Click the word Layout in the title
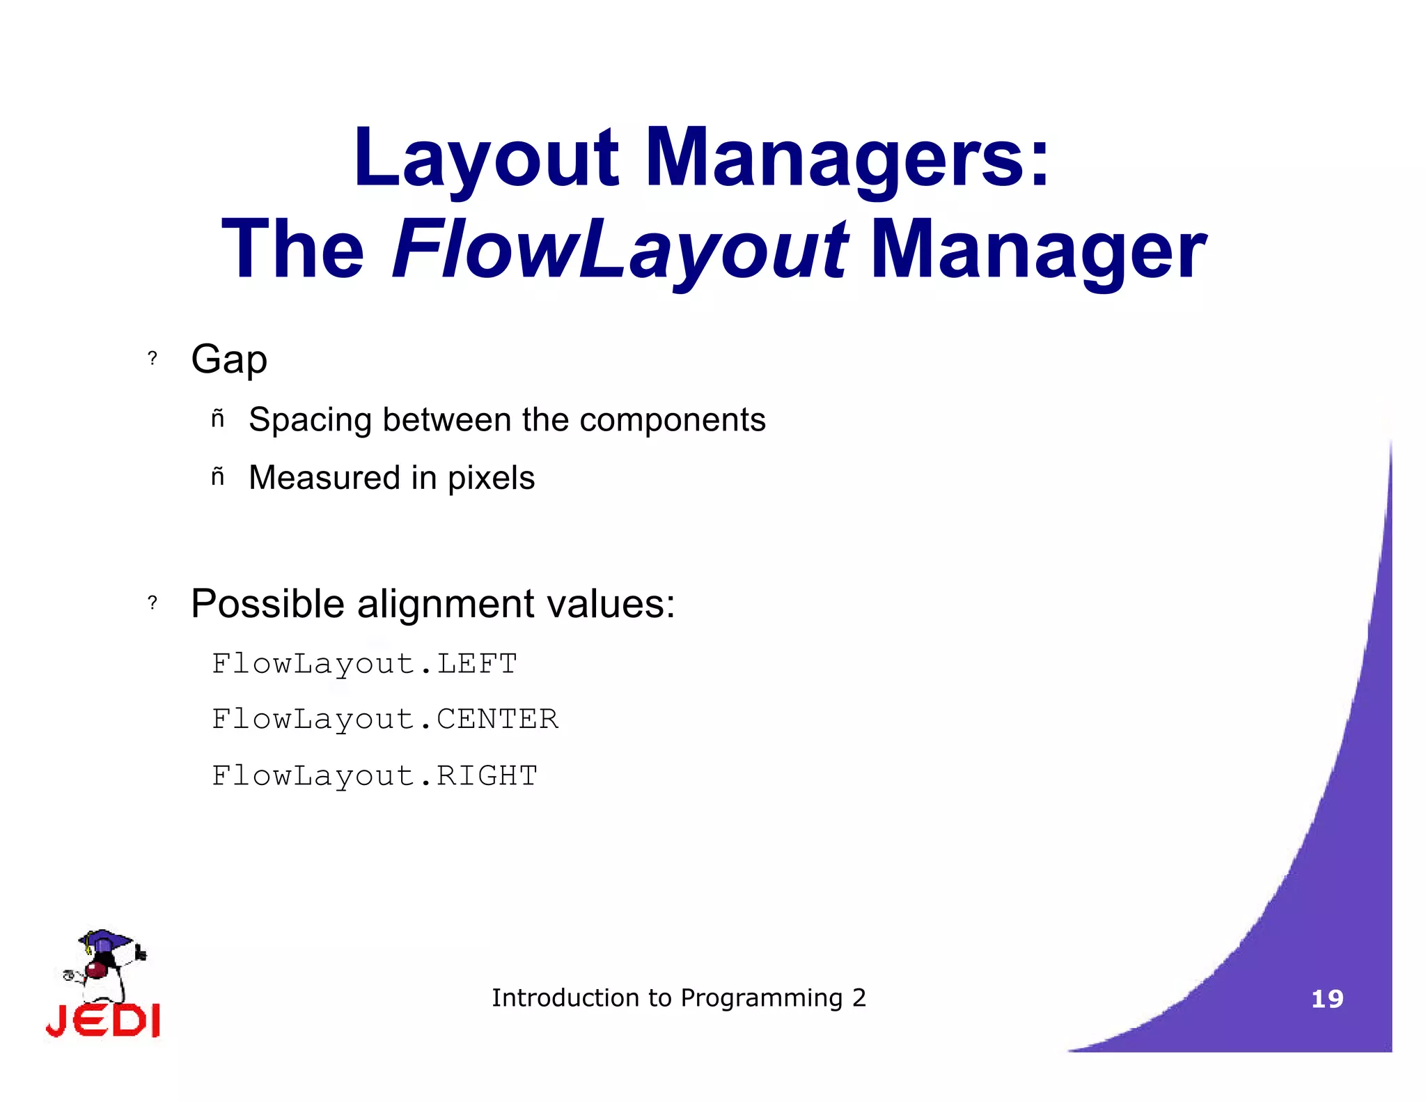click(x=485, y=159)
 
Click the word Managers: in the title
click(x=847, y=159)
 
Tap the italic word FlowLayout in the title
click(x=619, y=251)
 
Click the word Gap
click(x=229, y=360)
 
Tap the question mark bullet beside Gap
click(x=152, y=359)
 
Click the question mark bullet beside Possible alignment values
click(x=152, y=603)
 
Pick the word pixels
click(x=491, y=479)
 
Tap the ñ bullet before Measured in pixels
click(x=218, y=477)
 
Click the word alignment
click(x=446, y=604)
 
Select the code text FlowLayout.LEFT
click(x=364, y=664)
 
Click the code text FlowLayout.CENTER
click(x=384, y=720)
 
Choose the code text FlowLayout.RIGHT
click(x=375, y=776)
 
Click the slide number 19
click(x=1327, y=1000)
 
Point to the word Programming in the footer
click(x=761, y=999)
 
